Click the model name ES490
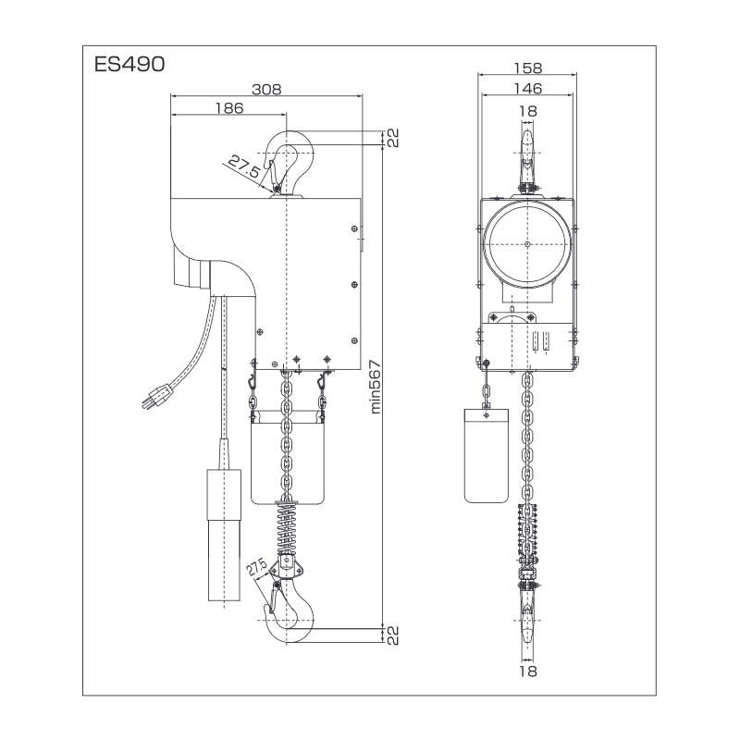129,66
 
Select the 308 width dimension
266,89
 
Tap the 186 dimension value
228,108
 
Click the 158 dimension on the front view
526,68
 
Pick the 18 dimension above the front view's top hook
526,111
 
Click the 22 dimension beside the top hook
391,139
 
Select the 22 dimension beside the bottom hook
391,635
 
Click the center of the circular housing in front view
526,244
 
